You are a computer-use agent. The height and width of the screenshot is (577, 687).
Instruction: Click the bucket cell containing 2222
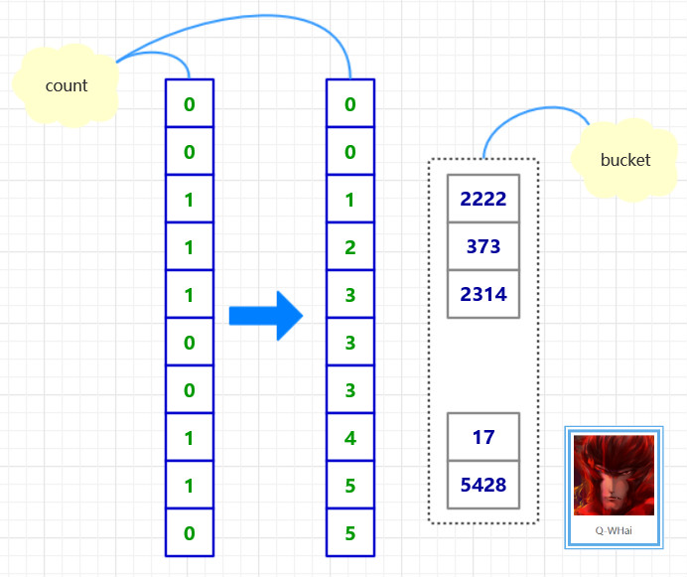(483, 199)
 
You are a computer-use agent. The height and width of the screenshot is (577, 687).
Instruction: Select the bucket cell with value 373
(483, 246)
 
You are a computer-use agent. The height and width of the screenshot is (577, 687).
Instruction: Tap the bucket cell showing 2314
(483, 294)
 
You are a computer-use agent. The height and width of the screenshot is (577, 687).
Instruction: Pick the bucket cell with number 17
(483, 437)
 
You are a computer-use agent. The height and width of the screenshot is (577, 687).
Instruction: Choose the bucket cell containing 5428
(483, 485)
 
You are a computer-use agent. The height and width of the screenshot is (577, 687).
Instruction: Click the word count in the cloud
(67, 85)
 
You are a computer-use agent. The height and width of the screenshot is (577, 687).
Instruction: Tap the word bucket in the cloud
(625, 160)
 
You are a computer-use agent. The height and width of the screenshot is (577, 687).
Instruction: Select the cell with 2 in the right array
(350, 246)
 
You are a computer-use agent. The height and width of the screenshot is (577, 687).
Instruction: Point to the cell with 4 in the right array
(350, 437)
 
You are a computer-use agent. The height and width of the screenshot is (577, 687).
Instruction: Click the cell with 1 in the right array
(350, 199)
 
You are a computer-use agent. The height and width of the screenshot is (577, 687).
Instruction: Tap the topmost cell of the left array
(189, 103)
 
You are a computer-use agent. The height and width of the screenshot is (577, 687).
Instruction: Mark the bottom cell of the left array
(189, 532)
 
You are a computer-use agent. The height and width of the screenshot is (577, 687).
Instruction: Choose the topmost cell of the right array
(350, 103)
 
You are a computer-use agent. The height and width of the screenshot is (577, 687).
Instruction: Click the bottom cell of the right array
(350, 532)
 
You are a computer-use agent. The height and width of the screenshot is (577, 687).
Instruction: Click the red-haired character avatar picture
(614, 475)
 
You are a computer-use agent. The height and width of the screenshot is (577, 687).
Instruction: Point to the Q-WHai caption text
(614, 530)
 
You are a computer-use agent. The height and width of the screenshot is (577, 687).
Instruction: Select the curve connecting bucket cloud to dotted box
(526, 114)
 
